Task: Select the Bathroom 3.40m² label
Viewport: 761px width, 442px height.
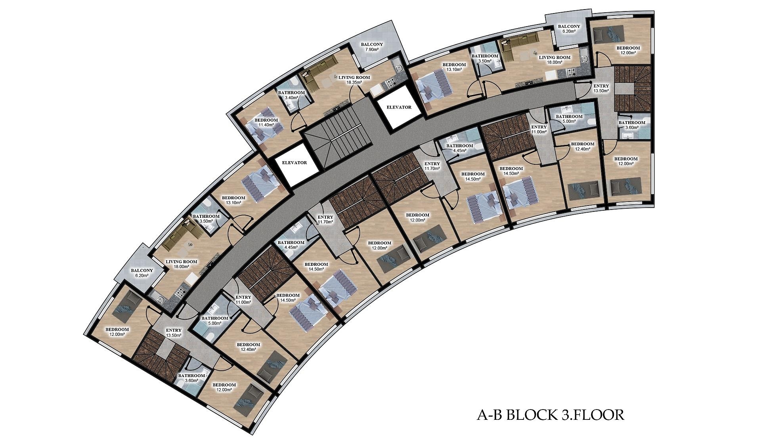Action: pyautogui.click(x=291, y=95)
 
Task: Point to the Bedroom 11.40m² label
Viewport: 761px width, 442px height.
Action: pyautogui.click(x=266, y=122)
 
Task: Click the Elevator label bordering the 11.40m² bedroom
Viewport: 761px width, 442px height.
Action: pyautogui.click(x=294, y=162)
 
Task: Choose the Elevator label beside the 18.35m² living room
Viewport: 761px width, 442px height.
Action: pyautogui.click(x=399, y=107)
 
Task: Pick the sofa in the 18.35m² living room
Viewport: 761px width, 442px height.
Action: pyautogui.click(x=318, y=74)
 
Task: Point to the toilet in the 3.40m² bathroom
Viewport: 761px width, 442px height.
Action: pyautogui.click(x=294, y=82)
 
